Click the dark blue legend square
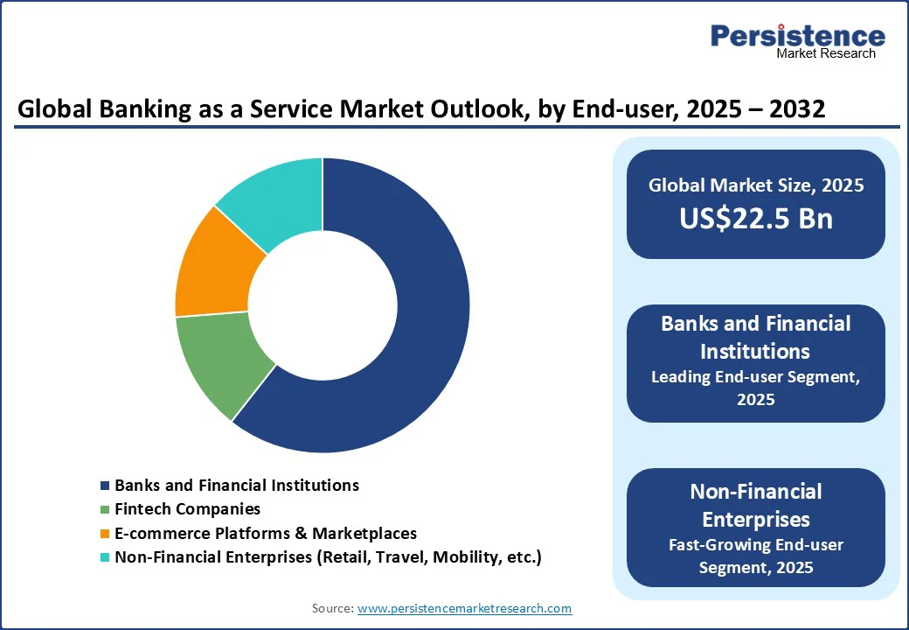pos(105,486)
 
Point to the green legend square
pos(105,509)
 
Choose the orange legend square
pos(105,534)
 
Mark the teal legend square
pos(105,557)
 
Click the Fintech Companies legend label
pos(187,508)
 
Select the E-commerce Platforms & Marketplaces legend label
pos(266,533)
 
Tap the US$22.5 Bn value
pos(756,219)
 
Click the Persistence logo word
pos(797,36)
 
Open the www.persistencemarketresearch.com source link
pos(464,608)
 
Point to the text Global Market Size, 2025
pos(756,185)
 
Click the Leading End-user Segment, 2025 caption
pos(756,388)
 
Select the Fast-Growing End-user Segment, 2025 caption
pos(756,556)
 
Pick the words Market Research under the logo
pos(825,53)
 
